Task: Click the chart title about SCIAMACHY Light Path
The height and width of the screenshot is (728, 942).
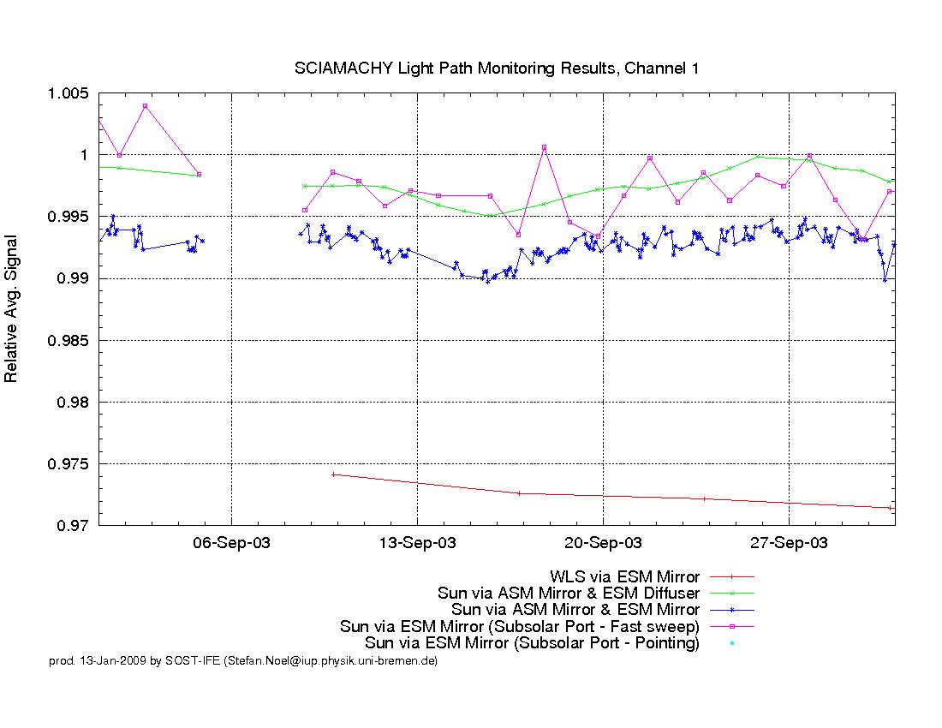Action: coord(496,69)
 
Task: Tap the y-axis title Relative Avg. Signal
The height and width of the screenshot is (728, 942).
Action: coord(11,308)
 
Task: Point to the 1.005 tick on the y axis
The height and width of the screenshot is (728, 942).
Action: coord(68,93)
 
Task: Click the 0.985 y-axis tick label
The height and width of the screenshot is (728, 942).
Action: coord(68,341)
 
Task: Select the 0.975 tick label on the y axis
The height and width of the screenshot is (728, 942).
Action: coord(68,464)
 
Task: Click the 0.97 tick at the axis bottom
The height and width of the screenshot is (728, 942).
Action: coord(73,526)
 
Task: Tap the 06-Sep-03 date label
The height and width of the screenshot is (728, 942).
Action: coord(232,543)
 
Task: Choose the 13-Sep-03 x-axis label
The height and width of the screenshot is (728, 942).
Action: coord(418,543)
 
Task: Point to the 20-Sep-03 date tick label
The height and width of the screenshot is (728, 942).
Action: coord(603,543)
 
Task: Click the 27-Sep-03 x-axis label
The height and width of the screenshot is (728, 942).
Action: coord(789,543)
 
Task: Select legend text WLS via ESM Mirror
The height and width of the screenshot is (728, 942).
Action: coord(625,577)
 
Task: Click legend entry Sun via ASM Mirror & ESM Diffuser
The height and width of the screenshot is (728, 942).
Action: coord(569,594)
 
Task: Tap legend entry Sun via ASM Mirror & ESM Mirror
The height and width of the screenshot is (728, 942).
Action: coord(575,610)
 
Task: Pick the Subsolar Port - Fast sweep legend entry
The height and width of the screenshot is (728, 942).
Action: coord(520,626)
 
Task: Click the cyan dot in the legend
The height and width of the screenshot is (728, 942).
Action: coord(731,643)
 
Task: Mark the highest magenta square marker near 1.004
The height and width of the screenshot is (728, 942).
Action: coord(145,106)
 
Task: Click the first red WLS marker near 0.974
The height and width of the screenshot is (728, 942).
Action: coord(333,474)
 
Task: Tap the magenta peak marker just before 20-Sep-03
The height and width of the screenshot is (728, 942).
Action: coord(545,147)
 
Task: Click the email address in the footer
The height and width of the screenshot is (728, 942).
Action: coord(331,661)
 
